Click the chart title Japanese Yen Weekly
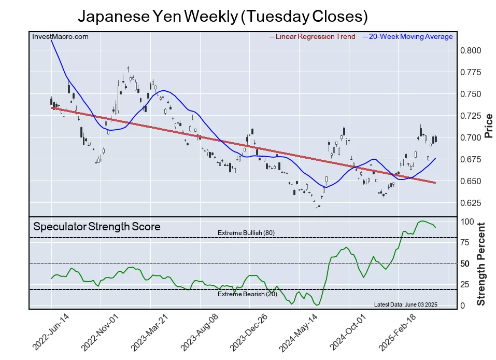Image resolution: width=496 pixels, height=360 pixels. pos(222,17)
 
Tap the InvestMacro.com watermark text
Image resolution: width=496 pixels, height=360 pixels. pos(60,37)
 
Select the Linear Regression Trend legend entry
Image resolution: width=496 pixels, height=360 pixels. pos(313,37)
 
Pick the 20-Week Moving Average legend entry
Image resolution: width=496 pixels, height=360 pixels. pos(407,37)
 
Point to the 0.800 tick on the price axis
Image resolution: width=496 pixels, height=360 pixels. pos(471,51)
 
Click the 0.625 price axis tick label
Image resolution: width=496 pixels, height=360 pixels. pos(471,203)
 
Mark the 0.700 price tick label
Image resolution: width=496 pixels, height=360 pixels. pos(471,137)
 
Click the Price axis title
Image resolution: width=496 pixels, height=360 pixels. pos(488,125)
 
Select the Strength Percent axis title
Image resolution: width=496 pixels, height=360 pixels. pos(481,264)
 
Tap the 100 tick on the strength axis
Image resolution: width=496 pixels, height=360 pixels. pos(468,222)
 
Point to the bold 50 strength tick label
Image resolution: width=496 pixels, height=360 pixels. pos(465,264)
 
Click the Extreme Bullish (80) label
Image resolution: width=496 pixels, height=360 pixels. pos(246,233)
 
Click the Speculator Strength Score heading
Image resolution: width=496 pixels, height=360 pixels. pos(97,227)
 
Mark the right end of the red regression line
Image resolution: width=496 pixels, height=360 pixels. pos(435,183)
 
